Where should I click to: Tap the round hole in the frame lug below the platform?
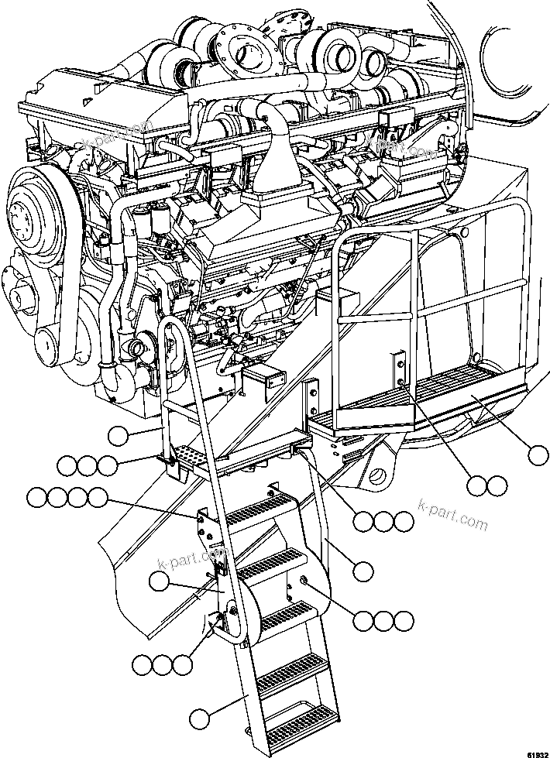(x=380, y=473)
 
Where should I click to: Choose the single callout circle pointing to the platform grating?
(x=538, y=454)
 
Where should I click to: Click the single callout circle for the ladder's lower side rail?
(x=200, y=719)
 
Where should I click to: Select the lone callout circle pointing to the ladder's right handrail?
(x=363, y=571)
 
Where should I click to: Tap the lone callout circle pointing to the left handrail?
(x=118, y=436)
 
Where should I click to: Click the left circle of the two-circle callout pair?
(x=478, y=485)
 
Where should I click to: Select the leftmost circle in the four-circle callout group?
(x=36, y=497)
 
